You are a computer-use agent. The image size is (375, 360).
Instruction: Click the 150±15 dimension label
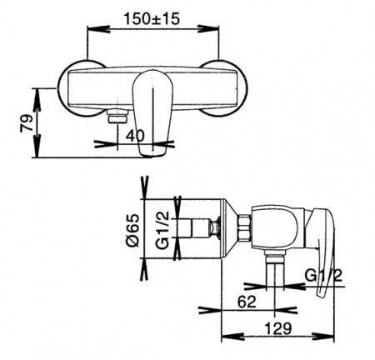pos(152,19)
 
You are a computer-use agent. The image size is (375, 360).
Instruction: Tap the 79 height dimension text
pos(27,122)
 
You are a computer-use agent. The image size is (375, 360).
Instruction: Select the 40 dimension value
pos(136,136)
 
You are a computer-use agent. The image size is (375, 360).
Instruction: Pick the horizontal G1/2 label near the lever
pos(323,276)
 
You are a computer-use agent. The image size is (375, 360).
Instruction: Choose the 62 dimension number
pos(247,302)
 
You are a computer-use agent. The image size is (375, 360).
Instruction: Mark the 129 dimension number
pos(278,328)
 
